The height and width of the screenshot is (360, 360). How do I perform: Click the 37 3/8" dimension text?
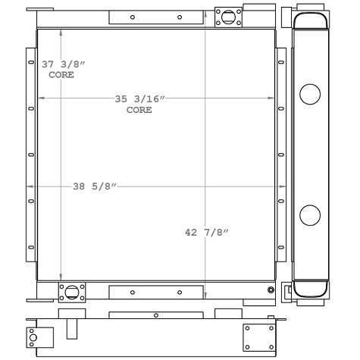pyautogui.click(x=64, y=64)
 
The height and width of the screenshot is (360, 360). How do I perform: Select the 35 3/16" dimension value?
pyautogui.click(x=139, y=99)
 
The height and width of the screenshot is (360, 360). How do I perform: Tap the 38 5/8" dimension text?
pyautogui.click(x=95, y=186)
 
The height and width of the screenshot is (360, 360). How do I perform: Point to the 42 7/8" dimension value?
pyautogui.click(x=207, y=233)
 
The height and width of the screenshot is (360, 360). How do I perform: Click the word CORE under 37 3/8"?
pyautogui.click(x=61, y=75)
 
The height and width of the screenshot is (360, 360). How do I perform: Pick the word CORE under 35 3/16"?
pyautogui.click(x=139, y=110)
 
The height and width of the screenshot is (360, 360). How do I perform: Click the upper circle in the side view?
pyautogui.click(x=310, y=94)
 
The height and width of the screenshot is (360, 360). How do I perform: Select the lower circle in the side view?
pyautogui.click(x=310, y=215)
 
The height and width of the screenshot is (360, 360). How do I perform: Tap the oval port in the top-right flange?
pyautogui.click(x=228, y=17)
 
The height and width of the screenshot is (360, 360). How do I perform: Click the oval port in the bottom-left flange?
pyautogui.click(x=72, y=293)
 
